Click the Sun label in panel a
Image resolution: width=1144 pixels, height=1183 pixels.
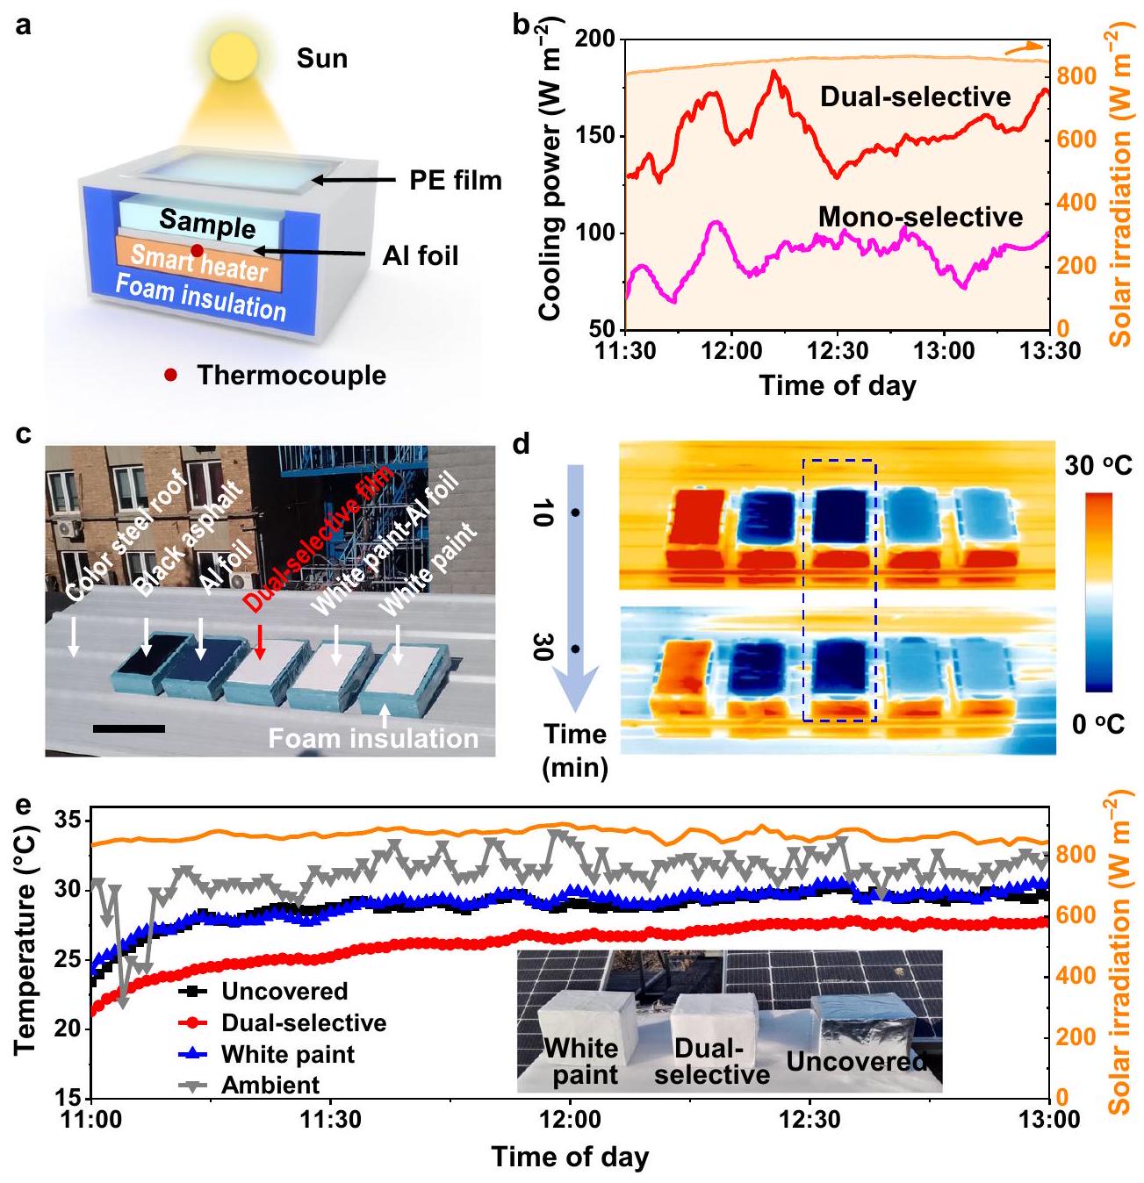tap(322, 59)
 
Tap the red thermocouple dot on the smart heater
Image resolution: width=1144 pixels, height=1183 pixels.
tap(198, 251)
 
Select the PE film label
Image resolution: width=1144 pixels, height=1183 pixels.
tap(456, 181)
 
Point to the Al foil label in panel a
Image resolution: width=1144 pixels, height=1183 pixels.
tap(421, 255)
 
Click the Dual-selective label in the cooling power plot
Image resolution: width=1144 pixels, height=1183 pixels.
tap(916, 97)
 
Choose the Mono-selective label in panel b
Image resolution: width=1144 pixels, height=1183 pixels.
tap(920, 216)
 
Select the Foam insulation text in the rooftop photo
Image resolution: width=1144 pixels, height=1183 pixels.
tap(373, 738)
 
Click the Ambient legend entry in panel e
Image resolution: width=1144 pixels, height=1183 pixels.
tap(270, 1086)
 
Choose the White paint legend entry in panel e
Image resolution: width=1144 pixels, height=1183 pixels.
tap(287, 1054)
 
